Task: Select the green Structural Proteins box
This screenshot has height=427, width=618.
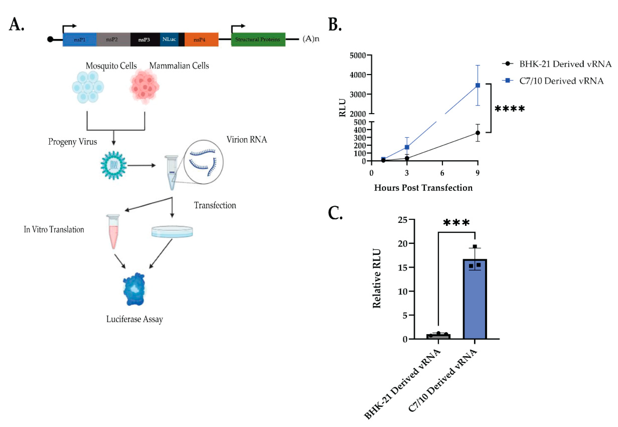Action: coord(258,40)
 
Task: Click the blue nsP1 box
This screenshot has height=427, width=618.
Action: coord(80,40)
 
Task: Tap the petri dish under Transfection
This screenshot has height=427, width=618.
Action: coord(172,232)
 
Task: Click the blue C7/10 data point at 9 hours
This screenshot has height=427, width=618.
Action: coord(478,85)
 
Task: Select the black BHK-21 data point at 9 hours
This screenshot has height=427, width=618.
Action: coord(478,133)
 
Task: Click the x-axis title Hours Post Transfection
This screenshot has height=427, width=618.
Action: coord(423,188)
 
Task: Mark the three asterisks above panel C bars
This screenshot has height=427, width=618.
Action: coord(456,223)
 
